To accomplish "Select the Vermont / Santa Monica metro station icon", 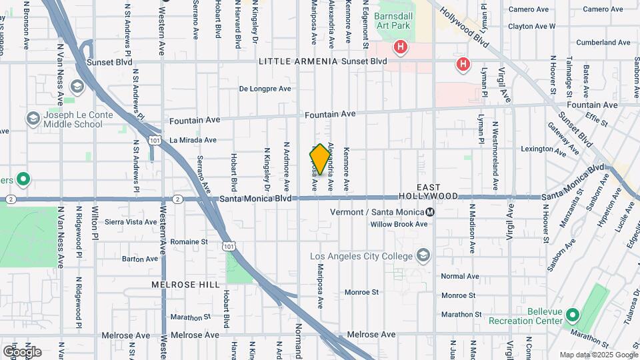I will coord(431,212).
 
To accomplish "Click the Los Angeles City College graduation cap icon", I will coord(423,256).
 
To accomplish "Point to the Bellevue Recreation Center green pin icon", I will coord(573,315).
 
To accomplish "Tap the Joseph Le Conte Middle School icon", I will coord(33,119).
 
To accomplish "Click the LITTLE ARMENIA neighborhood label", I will coord(297,61).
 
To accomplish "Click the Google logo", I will coord(22,352).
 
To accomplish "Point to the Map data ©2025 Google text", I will coord(598,355).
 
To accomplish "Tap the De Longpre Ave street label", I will coord(265,89).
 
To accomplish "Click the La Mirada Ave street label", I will coord(193,140).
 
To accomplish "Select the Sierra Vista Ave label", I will coord(131,221).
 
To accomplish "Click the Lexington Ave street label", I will coord(543,149).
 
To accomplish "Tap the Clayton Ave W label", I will coord(531,27).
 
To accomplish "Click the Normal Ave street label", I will coord(460,276).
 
